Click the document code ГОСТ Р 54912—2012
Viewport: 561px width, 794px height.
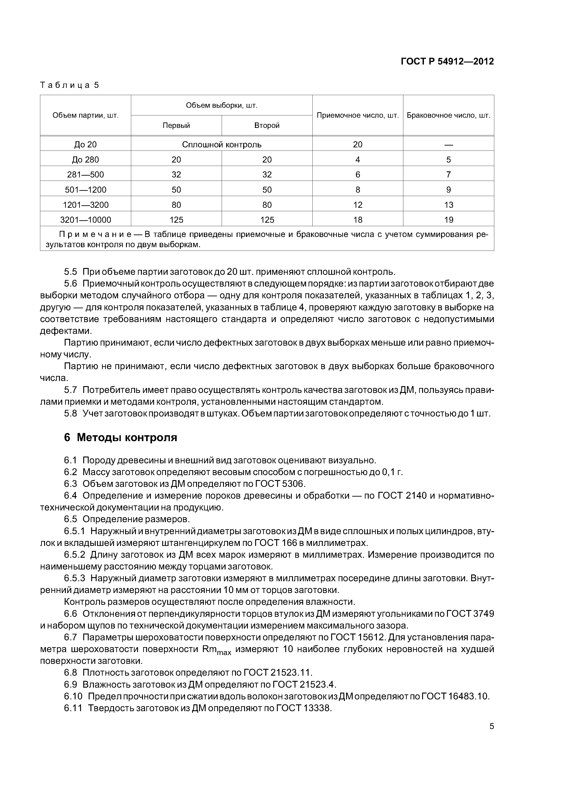click(447, 62)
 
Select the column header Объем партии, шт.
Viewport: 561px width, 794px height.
click(85, 115)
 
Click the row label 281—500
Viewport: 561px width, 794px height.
click(85, 175)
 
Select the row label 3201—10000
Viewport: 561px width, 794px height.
click(85, 220)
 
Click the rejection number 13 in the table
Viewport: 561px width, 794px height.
click(448, 205)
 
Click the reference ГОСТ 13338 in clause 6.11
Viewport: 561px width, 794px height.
click(304, 708)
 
